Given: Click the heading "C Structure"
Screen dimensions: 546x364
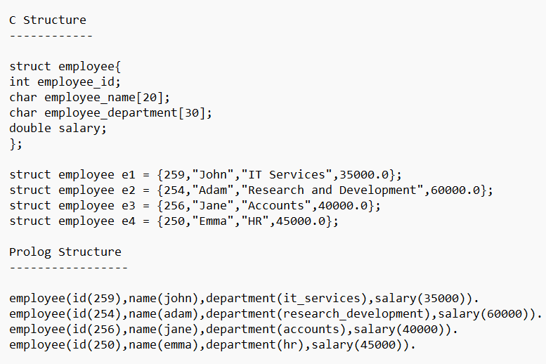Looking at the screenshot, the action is coord(47,20).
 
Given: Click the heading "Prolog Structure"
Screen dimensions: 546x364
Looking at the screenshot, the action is coord(65,252).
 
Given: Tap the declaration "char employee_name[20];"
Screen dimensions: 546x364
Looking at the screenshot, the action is coord(89,97).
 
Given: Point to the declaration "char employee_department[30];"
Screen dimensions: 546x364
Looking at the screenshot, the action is coord(110,112).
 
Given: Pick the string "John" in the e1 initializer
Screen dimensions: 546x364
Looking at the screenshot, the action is coord(212,174).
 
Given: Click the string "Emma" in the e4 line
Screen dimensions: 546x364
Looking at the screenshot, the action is coord(212,221).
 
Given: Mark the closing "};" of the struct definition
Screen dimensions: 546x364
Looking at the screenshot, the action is coord(15,143).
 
